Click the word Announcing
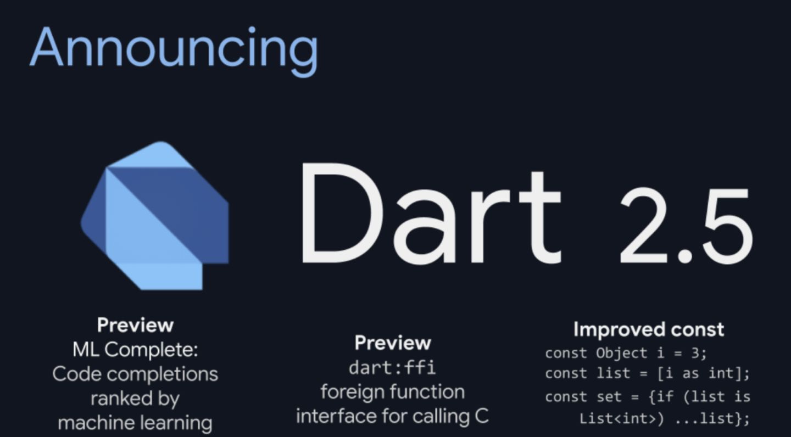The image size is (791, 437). tap(174, 49)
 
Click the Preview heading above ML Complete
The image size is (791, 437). tap(135, 326)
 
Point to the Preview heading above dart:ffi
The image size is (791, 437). tap(393, 343)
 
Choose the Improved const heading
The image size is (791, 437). tap(649, 330)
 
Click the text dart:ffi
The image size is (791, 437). tap(392, 367)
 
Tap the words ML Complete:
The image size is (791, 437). tap(135, 350)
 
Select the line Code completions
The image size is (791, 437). tap(135, 374)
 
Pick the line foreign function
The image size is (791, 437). tap(393, 392)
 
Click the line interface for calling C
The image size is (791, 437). tap(392, 416)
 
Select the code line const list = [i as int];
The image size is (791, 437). tap(647, 374)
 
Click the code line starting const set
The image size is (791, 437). tap(648, 397)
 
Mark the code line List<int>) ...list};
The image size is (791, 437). tap(664, 419)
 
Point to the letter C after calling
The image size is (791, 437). tap(482, 416)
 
